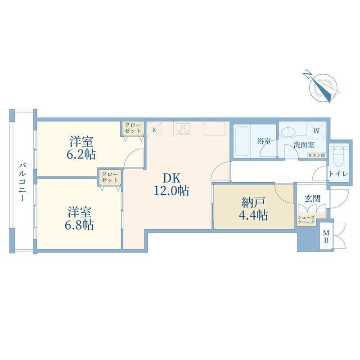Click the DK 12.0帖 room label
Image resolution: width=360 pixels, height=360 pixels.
coord(171,184)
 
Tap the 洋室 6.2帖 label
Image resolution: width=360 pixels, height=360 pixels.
coord(81,148)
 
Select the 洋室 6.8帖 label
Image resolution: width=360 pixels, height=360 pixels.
coord(80,219)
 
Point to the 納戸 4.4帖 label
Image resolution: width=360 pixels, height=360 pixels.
coord(253,208)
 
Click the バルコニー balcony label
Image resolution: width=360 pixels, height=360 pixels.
coord(22,182)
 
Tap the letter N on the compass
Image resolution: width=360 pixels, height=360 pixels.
coord(308,75)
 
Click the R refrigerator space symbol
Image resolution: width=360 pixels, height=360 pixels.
coord(154,130)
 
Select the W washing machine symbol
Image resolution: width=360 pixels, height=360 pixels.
coord(316,131)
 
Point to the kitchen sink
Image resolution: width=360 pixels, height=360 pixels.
coord(215,129)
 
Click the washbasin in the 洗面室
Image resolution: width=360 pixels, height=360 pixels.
coord(288,132)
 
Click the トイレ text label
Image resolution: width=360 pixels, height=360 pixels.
coord(339,174)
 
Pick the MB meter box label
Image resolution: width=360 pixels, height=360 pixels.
coord(326,237)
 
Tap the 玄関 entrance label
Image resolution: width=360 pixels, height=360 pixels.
coord(312,198)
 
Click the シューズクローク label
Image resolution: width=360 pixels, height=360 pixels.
coord(306,220)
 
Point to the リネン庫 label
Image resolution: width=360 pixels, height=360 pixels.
coord(317,155)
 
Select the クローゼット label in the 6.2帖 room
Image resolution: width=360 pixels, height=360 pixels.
coord(133,128)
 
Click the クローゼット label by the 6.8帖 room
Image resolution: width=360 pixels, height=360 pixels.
coord(110,177)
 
